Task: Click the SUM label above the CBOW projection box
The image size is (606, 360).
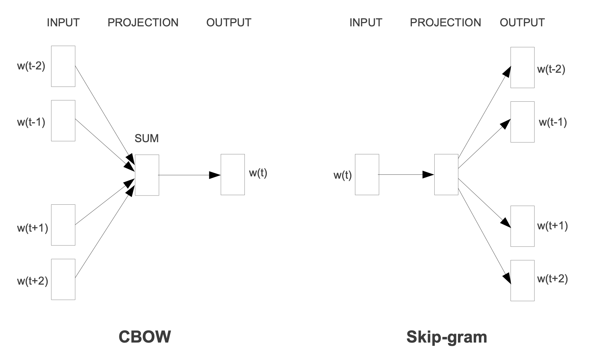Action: [147, 139]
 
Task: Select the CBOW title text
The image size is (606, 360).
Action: [145, 337]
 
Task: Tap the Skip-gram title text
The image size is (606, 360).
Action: [446, 337]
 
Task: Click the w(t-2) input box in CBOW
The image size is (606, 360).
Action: [63, 66]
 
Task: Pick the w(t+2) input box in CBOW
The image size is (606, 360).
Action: [63, 279]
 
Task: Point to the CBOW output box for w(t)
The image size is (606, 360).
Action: [233, 174]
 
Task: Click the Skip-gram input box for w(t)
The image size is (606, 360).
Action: [367, 174]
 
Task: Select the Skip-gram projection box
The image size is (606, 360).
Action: [446, 174]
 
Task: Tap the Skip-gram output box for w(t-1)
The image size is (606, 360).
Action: [522, 122]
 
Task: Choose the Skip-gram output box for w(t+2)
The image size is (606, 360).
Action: [522, 280]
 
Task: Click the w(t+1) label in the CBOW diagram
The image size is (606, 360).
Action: [33, 228]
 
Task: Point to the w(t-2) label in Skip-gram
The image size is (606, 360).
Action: [551, 69]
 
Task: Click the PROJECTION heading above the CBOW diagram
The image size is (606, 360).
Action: [143, 23]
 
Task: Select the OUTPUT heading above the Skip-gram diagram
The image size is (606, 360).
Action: [522, 23]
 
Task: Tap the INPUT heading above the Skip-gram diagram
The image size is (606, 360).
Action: [366, 23]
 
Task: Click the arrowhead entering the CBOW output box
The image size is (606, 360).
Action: [215, 175]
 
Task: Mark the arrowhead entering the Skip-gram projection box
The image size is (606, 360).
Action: [428, 174]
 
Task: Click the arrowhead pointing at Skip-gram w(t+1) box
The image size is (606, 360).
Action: [506, 223]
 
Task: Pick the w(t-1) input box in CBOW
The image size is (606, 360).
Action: [63, 121]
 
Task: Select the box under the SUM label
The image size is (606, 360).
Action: [147, 175]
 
